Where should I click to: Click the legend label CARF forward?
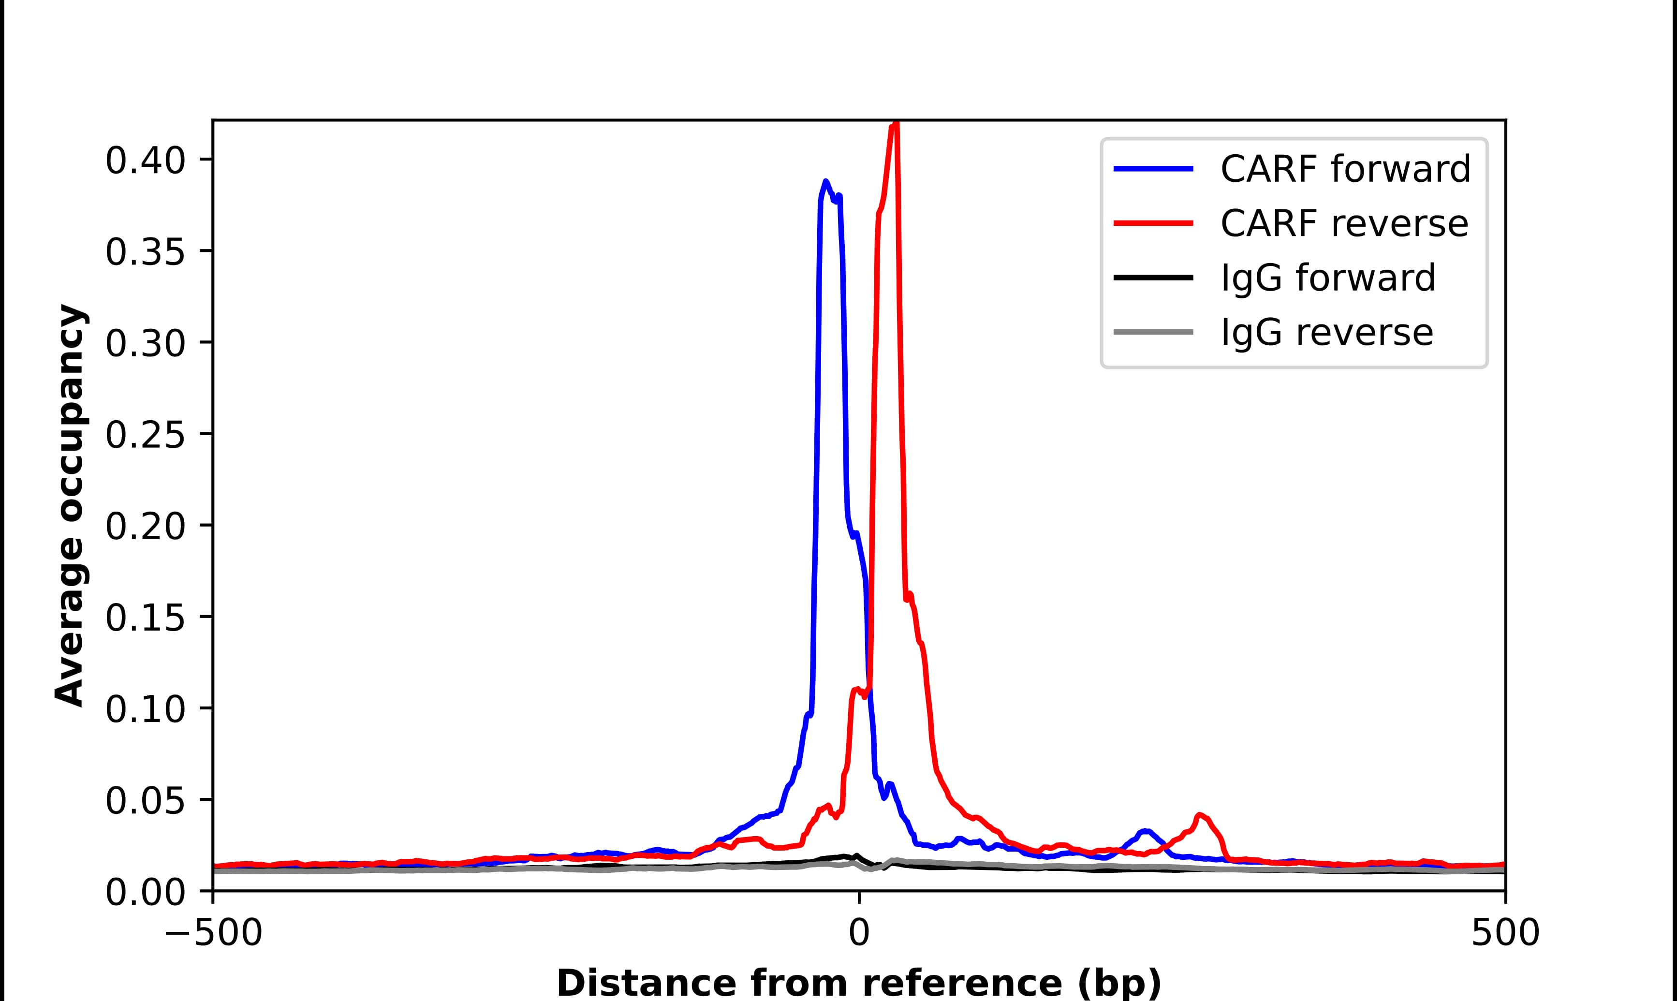1345,169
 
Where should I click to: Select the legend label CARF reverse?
1344,223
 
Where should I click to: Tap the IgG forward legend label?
1328,278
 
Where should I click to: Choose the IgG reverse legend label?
1326,333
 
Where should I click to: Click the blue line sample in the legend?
1154,169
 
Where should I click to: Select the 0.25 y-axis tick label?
145,435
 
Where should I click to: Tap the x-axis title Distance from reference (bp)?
858,983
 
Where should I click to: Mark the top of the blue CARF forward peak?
825,181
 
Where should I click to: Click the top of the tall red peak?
896,123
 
